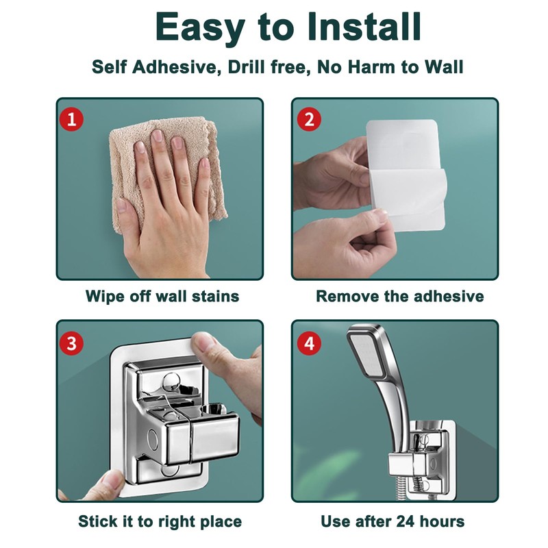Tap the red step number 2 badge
(309, 119)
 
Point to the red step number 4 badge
(309, 342)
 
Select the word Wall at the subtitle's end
(441, 67)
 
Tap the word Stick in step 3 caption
(99, 521)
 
